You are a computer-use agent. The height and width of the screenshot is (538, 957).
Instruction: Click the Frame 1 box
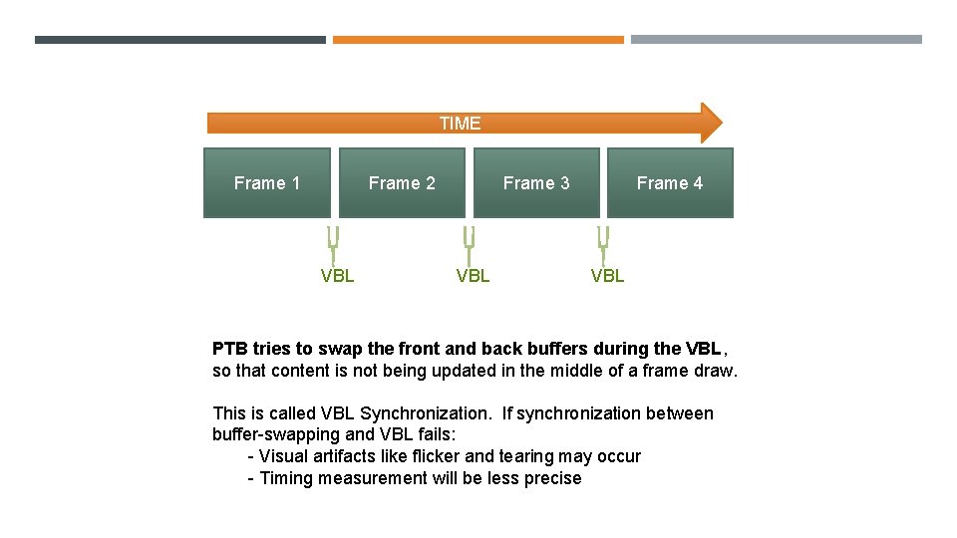(x=267, y=182)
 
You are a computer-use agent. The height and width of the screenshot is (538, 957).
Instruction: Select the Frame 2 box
(x=402, y=182)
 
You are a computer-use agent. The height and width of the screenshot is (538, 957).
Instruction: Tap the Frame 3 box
(x=536, y=182)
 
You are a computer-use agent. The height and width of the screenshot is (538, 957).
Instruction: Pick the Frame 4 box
(x=670, y=182)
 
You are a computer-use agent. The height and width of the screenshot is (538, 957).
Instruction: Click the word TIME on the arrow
(x=460, y=124)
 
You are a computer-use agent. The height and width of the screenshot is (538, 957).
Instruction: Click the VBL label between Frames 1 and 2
(x=337, y=276)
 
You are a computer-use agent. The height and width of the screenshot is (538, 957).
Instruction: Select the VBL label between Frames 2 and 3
(x=473, y=276)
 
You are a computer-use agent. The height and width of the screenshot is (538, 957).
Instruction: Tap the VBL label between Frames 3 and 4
(x=607, y=276)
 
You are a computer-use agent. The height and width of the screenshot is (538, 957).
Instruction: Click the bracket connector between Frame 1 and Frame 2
(x=334, y=242)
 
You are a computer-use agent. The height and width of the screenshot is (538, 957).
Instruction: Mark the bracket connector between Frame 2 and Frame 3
(x=469, y=242)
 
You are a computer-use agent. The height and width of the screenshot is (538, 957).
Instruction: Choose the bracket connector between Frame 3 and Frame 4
(x=603, y=242)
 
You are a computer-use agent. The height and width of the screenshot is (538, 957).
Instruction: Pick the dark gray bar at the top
(x=179, y=40)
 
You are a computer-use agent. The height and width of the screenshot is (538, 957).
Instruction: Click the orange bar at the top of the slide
(x=478, y=40)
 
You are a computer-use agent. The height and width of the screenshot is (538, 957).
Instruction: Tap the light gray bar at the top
(x=777, y=40)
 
